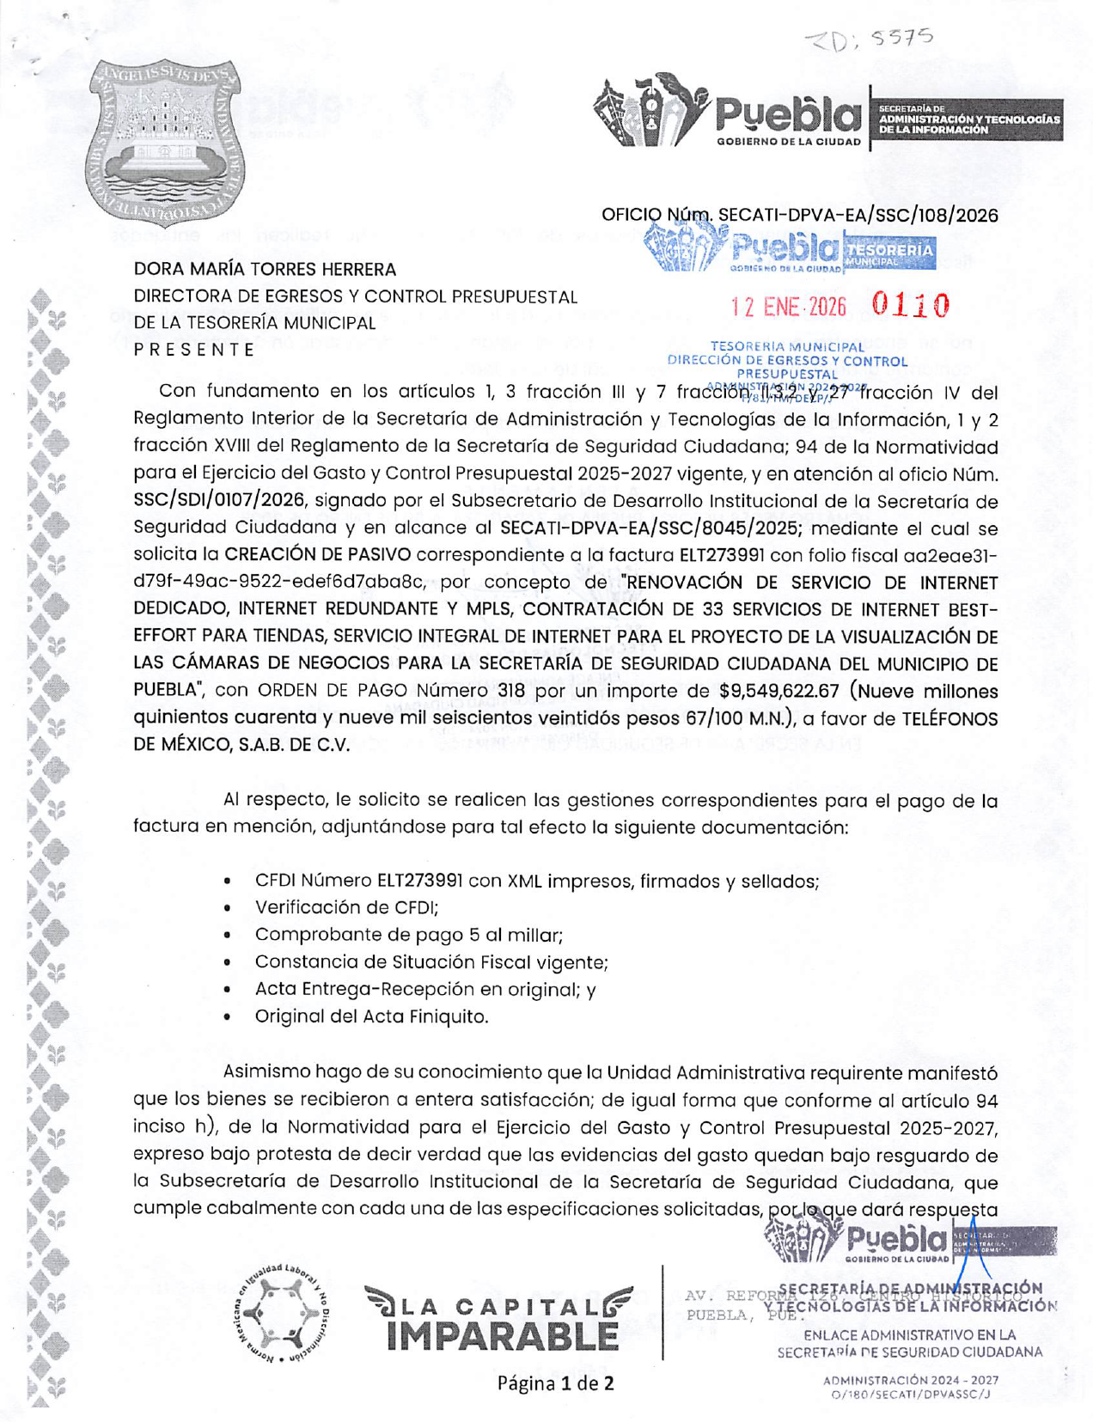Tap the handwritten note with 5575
click(868, 39)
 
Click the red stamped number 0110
click(911, 305)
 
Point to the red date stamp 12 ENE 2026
click(788, 307)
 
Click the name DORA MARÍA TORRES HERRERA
click(265, 270)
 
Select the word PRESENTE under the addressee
click(194, 350)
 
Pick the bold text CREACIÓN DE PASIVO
click(317, 554)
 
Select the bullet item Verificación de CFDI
click(346, 907)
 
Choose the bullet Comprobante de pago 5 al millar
click(408, 935)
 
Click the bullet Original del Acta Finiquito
click(371, 1016)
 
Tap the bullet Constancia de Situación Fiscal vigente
click(431, 962)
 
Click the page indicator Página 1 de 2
click(555, 1383)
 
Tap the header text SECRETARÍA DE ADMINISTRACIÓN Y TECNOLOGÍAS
click(968, 119)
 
